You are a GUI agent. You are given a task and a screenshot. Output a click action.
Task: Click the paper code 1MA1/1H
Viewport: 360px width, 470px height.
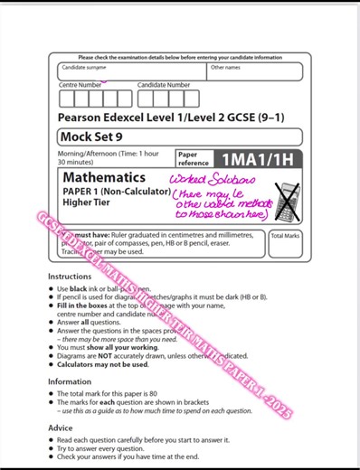point(262,158)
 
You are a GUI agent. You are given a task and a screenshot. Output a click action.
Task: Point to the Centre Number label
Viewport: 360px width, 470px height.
point(81,85)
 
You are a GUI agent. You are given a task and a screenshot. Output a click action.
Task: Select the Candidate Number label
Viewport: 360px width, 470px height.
point(164,85)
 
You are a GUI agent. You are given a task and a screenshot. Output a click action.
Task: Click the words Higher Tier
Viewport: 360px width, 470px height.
point(87,203)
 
